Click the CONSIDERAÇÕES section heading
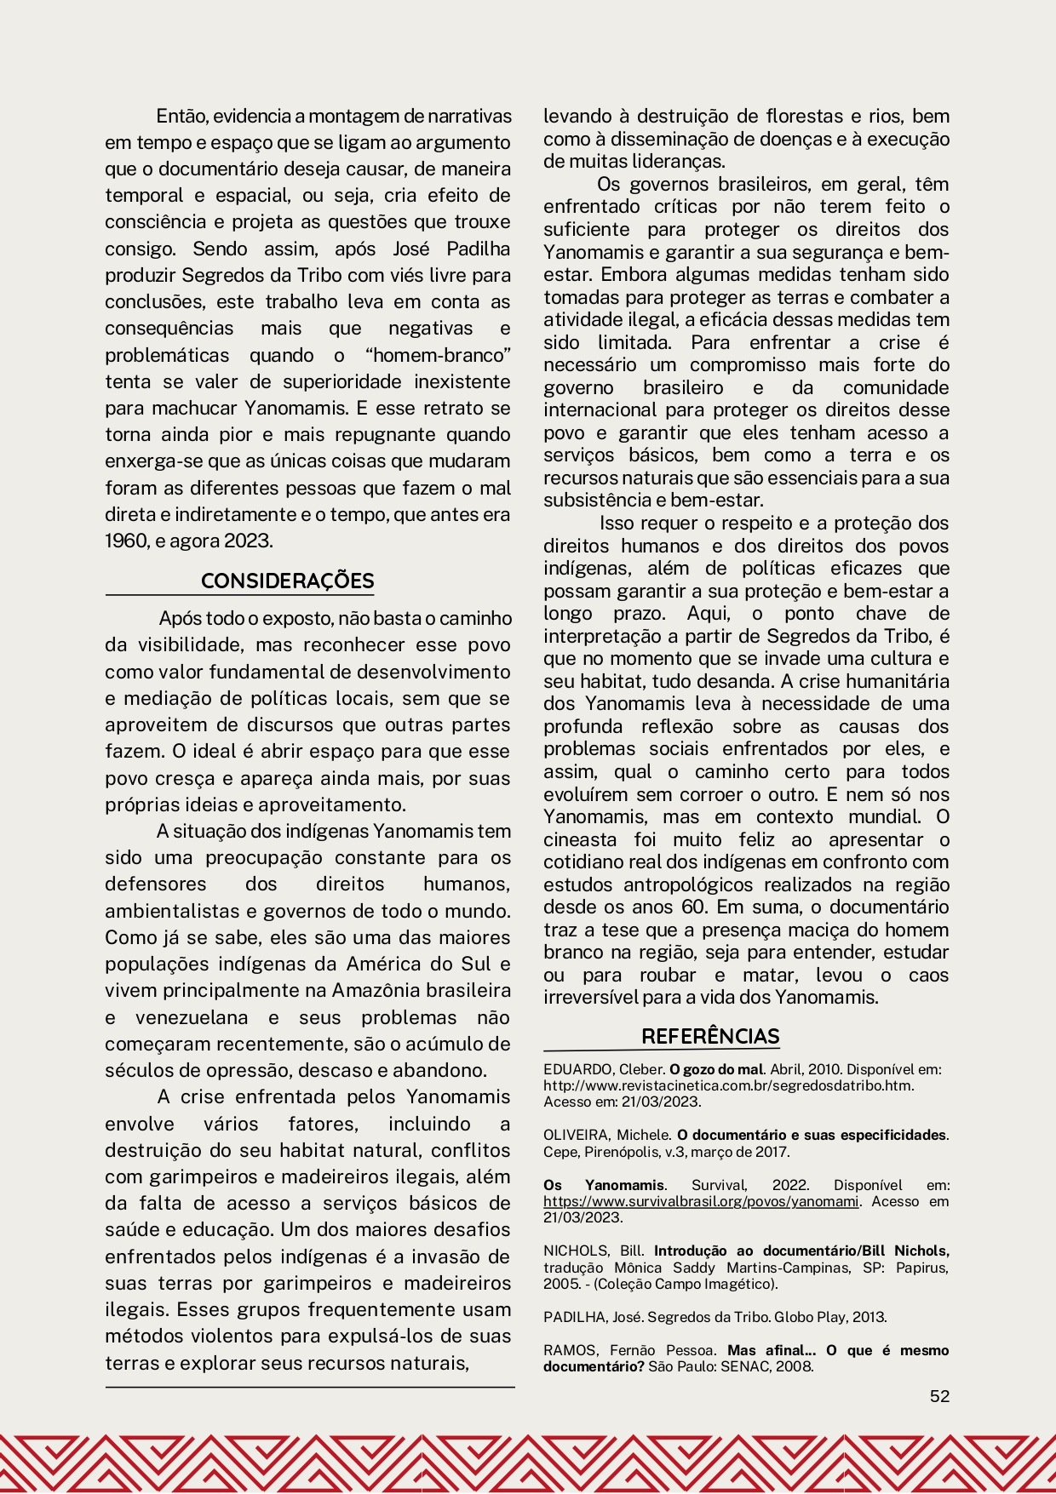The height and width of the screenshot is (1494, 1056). coord(287,581)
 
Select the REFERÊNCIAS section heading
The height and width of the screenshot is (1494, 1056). coord(710,1036)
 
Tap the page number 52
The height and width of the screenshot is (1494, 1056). coord(939,1396)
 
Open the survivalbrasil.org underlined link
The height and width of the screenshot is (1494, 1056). coord(701,1201)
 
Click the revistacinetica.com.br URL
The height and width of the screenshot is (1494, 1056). coord(728,1085)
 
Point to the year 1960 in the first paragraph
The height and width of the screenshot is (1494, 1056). coord(126,541)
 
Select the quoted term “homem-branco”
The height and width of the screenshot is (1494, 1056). coord(437,355)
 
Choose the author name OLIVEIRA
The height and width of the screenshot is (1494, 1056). coord(576,1135)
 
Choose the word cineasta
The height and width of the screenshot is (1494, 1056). coord(580,839)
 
